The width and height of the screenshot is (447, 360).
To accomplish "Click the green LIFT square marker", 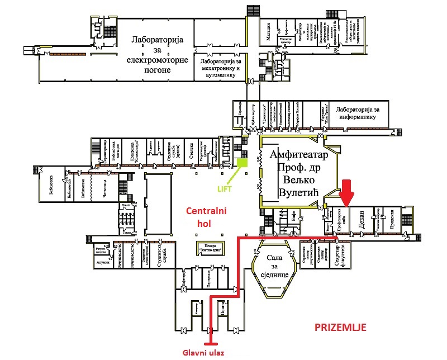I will (x=242, y=163).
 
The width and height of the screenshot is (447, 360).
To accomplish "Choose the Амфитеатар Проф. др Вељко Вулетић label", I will (x=293, y=173).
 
